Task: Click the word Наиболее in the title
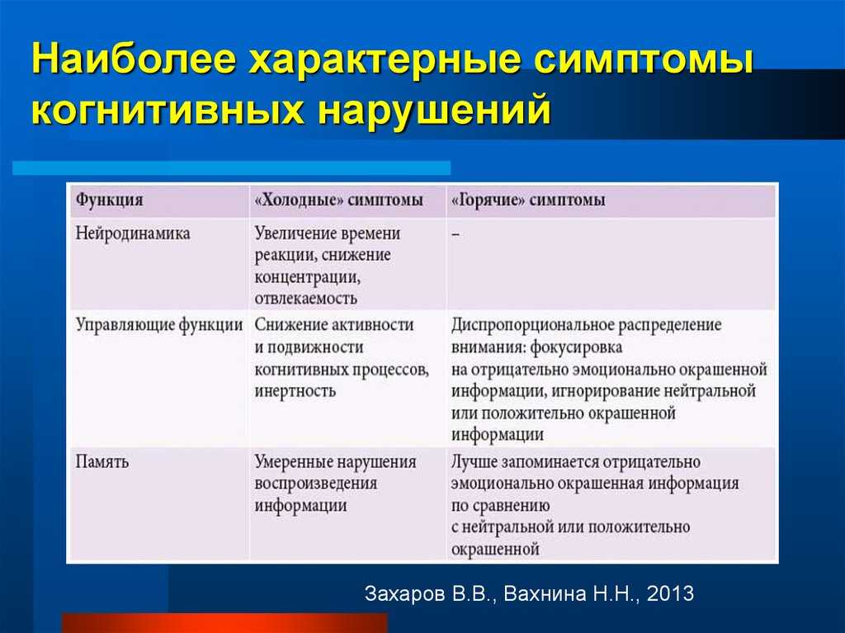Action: point(134,59)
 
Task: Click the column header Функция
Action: point(110,200)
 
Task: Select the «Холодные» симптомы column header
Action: point(338,200)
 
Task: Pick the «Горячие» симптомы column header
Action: point(528,200)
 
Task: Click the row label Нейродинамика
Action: point(133,234)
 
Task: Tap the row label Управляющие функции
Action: point(159,325)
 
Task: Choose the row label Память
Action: point(101,462)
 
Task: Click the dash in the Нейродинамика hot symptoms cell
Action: point(456,234)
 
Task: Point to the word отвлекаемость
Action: point(305,298)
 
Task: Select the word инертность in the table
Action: point(295,390)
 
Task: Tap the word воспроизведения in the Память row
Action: point(315,484)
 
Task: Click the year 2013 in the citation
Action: point(670,593)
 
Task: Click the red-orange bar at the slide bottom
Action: point(224,623)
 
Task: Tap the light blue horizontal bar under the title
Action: point(232,168)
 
